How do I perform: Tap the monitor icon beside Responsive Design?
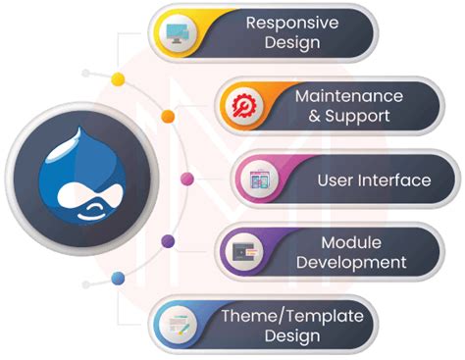182,34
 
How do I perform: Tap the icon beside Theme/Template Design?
179,325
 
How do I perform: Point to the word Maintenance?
349,96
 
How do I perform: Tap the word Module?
350,241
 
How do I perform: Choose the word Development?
350,262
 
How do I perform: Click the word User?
335,180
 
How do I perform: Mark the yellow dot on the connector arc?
118,77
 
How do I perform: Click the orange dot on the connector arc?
168,116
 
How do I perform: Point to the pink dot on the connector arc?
187,179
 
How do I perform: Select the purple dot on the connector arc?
168,240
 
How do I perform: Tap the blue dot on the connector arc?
118,279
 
